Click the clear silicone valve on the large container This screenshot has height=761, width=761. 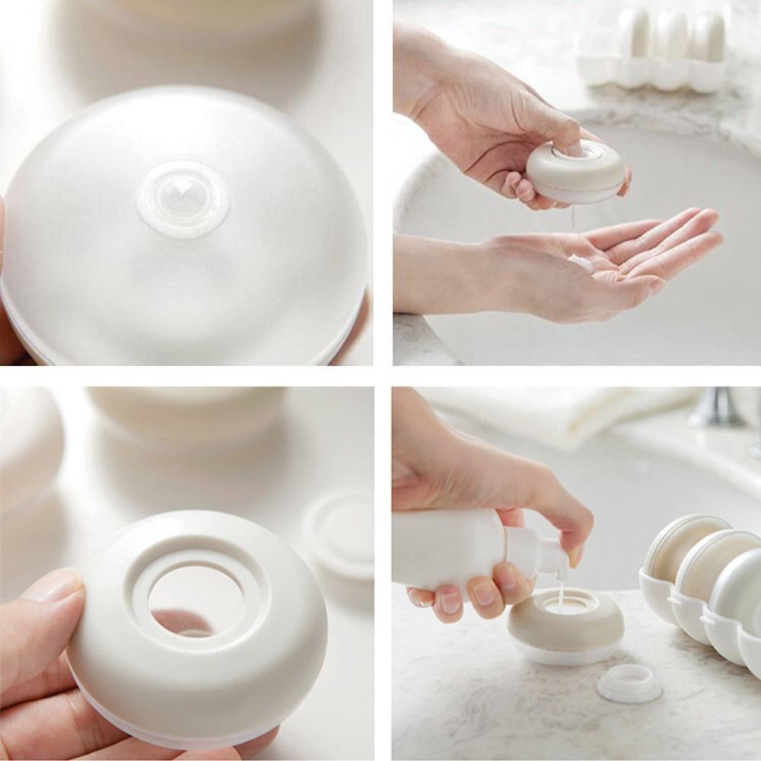pos(183,199)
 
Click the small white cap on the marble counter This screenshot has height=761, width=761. pos(629,683)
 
